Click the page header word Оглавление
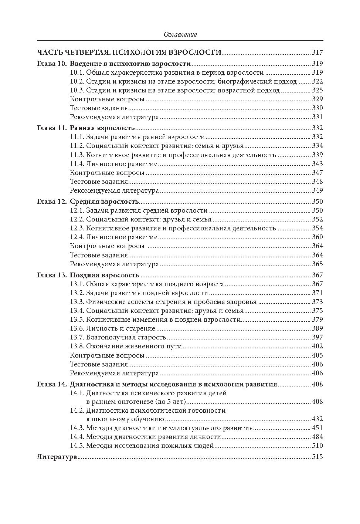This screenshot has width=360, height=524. [x=180, y=34]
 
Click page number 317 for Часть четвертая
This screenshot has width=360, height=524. [x=317, y=52]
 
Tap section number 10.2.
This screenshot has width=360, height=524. [x=77, y=81]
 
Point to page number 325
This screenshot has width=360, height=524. [x=317, y=90]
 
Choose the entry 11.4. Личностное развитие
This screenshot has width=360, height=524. [x=114, y=164]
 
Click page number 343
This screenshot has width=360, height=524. [x=317, y=164]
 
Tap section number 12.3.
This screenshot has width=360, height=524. [x=77, y=228]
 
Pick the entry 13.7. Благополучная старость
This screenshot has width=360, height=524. [x=118, y=337]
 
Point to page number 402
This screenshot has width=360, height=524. [x=317, y=346]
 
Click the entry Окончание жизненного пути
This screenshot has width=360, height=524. [x=134, y=346]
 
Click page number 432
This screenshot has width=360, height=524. [x=317, y=419]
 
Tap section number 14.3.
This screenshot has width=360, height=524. [x=77, y=428]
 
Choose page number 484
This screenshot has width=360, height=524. [x=317, y=437]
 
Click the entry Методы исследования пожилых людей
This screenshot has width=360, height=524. [x=150, y=446]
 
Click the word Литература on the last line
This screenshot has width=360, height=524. [x=57, y=457]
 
